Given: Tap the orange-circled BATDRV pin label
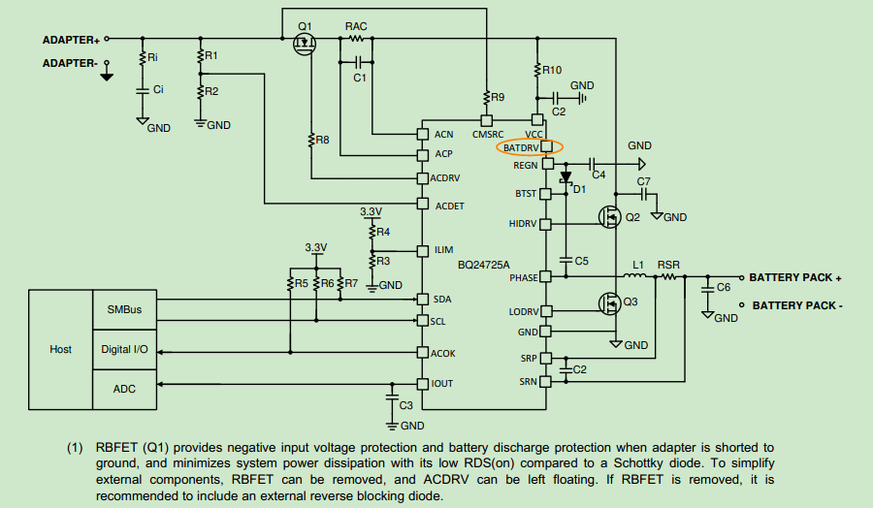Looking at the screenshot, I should click(521, 147).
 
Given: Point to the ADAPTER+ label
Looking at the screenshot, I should click(71, 40).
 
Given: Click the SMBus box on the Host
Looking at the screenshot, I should click(123, 309).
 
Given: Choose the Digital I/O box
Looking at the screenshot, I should click(124, 349).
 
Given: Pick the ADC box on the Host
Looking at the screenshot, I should click(123, 388).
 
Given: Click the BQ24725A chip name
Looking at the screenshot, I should click(484, 265).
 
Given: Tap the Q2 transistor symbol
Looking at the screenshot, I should click(609, 217).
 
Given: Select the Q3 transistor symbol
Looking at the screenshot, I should click(609, 303).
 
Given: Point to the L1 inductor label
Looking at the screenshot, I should click(638, 264).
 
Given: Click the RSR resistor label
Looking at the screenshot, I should click(668, 264).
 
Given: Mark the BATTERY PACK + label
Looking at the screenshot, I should click(794, 277).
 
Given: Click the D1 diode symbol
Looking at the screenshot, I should click(566, 178).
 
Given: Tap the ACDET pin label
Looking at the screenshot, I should click(451, 206).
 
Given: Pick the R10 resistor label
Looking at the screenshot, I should click(552, 70).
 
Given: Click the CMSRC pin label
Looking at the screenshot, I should click(487, 134).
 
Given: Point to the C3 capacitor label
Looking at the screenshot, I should click(406, 404).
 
